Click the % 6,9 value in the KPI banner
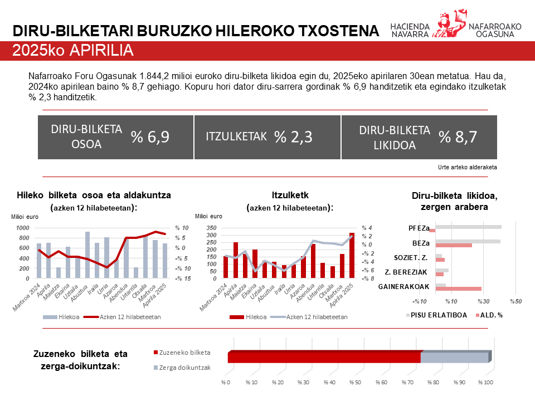(150, 137)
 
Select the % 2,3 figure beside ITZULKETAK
(293, 137)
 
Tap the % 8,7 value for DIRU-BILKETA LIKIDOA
(458, 137)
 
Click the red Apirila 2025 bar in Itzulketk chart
(352, 256)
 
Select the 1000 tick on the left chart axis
(23, 228)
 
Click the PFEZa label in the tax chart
(419, 228)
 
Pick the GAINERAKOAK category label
(403, 287)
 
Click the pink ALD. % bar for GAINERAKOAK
(458, 288)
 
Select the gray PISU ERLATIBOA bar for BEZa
(468, 241)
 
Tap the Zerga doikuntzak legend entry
(181, 368)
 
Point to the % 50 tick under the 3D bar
(356, 383)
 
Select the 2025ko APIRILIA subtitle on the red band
(73, 51)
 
